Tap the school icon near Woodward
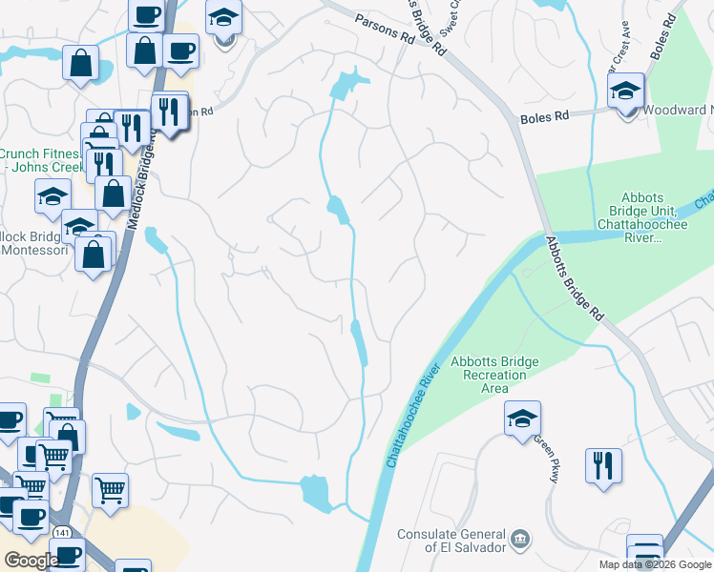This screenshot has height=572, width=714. coord(626,93)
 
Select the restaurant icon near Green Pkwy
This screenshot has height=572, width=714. coord(603,466)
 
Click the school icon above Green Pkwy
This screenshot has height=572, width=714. coord(521,419)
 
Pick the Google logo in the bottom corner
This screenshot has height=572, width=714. coord(31,561)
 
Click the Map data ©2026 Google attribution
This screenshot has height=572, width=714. coord(655,564)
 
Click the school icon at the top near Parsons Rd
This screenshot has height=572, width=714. coord(223,19)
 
